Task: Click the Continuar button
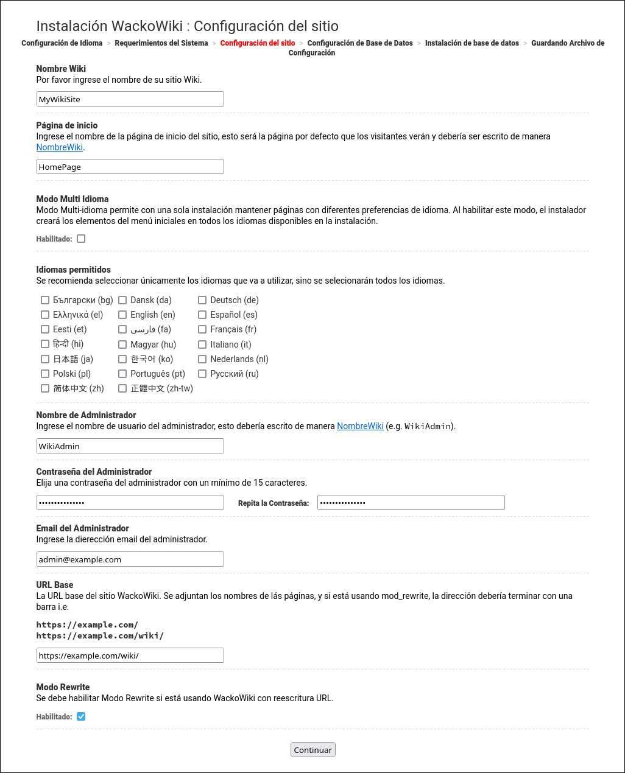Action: click(x=312, y=750)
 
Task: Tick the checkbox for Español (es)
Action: click(x=202, y=315)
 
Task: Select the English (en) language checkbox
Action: click(x=122, y=315)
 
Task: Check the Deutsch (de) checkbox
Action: click(x=202, y=300)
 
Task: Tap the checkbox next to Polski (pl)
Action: click(x=45, y=374)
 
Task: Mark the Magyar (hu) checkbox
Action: click(x=122, y=345)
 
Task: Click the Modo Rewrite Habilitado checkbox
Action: click(x=81, y=716)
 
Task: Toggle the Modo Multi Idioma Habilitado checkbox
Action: click(x=81, y=239)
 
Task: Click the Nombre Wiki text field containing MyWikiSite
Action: click(x=130, y=99)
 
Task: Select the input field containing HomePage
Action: click(x=130, y=167)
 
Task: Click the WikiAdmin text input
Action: click(x=130, y=446)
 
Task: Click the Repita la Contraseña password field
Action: click(x=411, y=503)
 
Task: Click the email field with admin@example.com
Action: click(x=130, y=559)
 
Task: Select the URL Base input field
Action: click(x=130, y=656)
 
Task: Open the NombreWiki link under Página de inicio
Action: click(x=59, y=147)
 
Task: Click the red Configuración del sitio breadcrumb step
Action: click(x=258, y=43)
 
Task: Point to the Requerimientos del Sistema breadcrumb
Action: click(x=161, y=43)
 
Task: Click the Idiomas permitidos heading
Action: click(x=74, y=270)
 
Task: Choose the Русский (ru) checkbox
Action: click(x=202, y=374)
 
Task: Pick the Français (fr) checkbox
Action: click(x=202, y=329)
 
